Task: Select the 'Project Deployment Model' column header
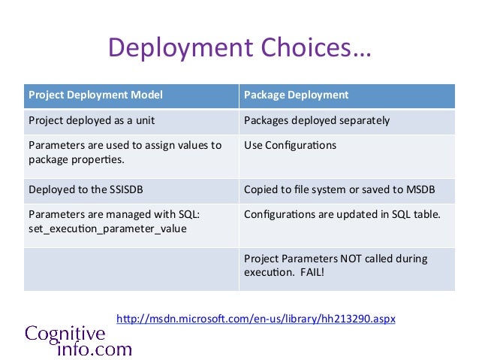(x=95, y=95)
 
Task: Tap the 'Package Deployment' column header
(x=296, y=95)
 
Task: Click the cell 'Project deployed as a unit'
(x=91, y=120)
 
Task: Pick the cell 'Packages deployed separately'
(x=317, y=120)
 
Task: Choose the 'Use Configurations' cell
(x=291, y=145)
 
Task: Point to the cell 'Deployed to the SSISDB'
(x=84, y=189)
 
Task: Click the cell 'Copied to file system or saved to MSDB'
(x=339, y=189)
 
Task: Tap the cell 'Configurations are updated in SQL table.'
(x=342, y=214)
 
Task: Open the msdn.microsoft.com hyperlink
(x=255, y=319)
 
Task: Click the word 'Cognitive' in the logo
(x=65, y=333)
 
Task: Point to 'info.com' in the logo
(x=89, y=349)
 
